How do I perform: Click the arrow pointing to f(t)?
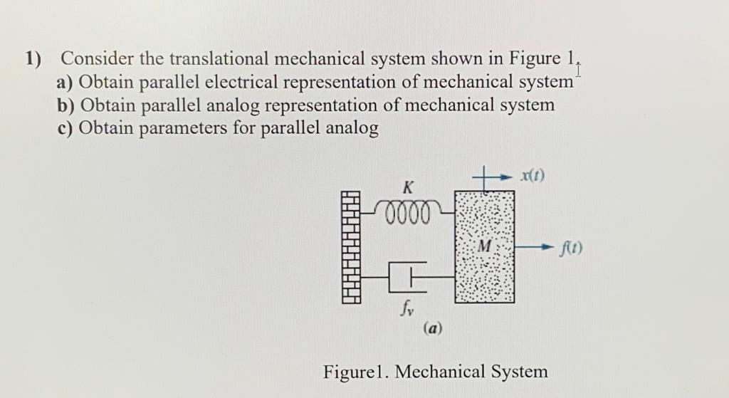coord(537,248)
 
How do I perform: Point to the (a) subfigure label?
coord(433,328)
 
